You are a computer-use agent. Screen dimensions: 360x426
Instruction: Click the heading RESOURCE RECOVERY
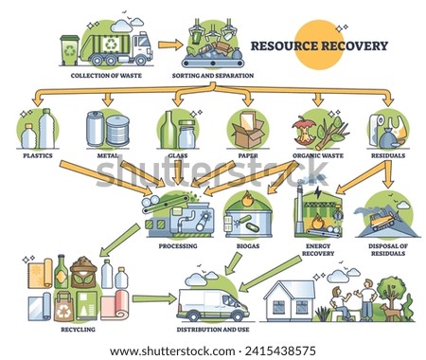[x=321, y=45]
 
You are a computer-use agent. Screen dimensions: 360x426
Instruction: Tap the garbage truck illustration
[x=114, y=45]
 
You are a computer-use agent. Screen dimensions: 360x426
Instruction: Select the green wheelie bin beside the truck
[x=69, y=49]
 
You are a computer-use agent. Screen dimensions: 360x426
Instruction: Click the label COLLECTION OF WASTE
[x=100, y=76]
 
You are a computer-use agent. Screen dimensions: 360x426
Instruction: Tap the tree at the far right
[x=390, y=288]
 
